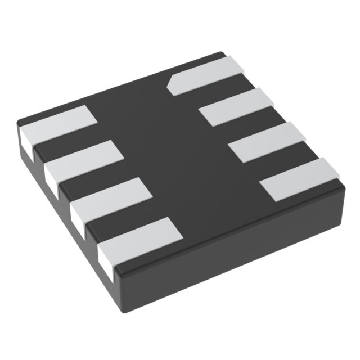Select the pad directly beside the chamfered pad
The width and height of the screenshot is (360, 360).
(236, 107)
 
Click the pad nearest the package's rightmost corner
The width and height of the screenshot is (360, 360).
(300, 179)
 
